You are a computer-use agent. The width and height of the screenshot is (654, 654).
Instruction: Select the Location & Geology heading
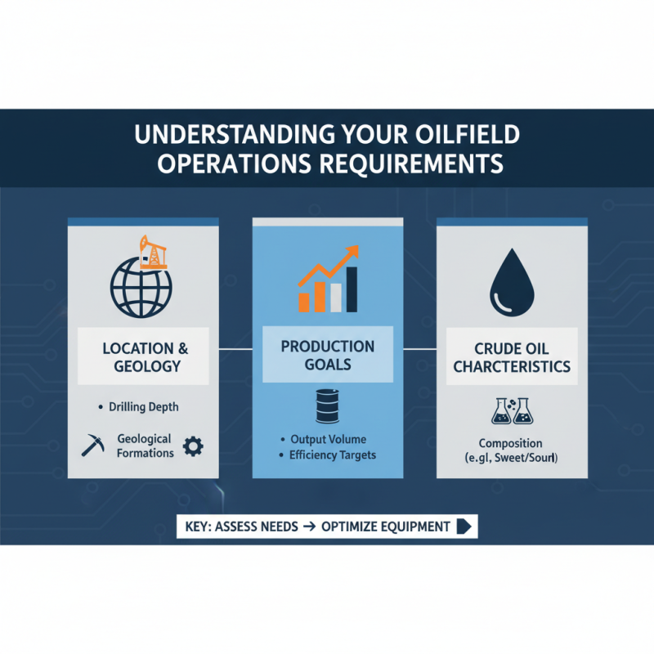[142, 356]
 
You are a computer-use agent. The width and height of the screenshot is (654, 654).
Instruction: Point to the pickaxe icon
[92, 446]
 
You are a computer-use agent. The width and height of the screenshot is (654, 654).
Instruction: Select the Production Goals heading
[327, 356]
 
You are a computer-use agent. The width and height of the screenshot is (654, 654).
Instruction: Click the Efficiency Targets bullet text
[332, 455]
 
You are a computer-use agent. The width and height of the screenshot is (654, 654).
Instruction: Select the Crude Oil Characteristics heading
[512, 356]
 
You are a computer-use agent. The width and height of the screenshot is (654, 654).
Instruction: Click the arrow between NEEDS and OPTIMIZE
[308, 526]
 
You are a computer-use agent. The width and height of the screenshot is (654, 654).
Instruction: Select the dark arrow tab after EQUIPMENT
[465, 526]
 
